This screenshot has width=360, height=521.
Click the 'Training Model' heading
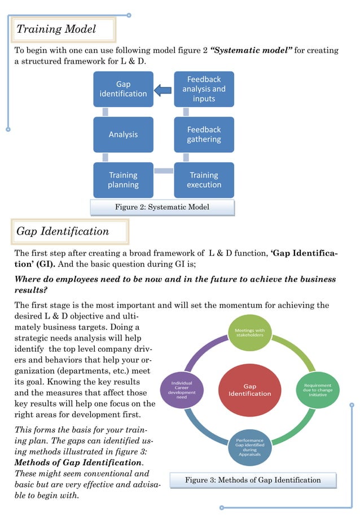tap(56, 29)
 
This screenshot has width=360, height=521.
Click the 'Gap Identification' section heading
tap(63, 231)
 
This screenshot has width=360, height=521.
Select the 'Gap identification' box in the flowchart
tap(123, 89)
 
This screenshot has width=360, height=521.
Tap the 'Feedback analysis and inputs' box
tap(204, 89)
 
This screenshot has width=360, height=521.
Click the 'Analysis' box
tap(123, 134)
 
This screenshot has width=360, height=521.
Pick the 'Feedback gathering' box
tap(204, 134)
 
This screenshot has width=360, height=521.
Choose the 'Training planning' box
tap(123, 180)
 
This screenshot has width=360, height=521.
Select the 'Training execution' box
tap(204, 180)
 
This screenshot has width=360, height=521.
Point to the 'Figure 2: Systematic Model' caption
tap(162, 207)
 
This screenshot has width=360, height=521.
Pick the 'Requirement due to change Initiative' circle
tap(318, 390)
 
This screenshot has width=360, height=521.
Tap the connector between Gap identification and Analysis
tap(105, 112)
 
